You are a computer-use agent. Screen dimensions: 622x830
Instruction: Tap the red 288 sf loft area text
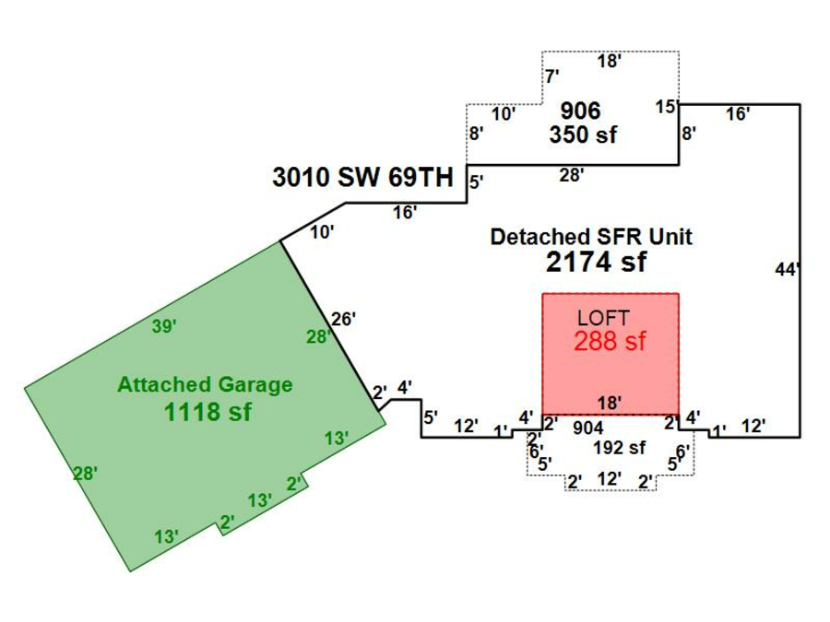[x=610, y=341]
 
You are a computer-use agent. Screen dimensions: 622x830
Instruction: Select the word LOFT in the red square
[x=604, y=318]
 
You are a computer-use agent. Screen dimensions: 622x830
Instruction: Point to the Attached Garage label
[x=205, y=385]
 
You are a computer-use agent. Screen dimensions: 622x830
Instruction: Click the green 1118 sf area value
[x=207, y=412]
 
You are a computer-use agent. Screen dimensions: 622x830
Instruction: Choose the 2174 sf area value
[x=596, y=263]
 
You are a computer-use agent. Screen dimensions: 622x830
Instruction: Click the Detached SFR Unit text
[x=591, y=237]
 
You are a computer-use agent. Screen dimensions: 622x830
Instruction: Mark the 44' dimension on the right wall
[x=787, y=269]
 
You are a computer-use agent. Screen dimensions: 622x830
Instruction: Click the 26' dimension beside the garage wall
[x=344, y=319]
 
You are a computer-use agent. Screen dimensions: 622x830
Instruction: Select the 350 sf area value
[x=583, y=135]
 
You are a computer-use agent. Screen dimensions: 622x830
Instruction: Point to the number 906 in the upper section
[x=581, y=111]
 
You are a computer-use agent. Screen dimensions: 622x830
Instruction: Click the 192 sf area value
[x=620, y=449]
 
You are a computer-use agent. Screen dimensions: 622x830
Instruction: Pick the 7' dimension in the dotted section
[x=552, y=76]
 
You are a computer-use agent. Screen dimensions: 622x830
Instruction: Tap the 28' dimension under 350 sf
[x=572, y=174]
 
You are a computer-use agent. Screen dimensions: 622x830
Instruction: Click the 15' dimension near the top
[x=666, y=106]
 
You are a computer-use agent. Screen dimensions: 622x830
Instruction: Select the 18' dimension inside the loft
[x=610, y=403]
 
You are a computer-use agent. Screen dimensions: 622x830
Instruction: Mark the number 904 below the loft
[x=588, y=428]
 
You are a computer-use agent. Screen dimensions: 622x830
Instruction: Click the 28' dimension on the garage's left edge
[x=86, y=474]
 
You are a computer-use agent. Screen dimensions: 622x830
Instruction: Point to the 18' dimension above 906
[x=610, y=62]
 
